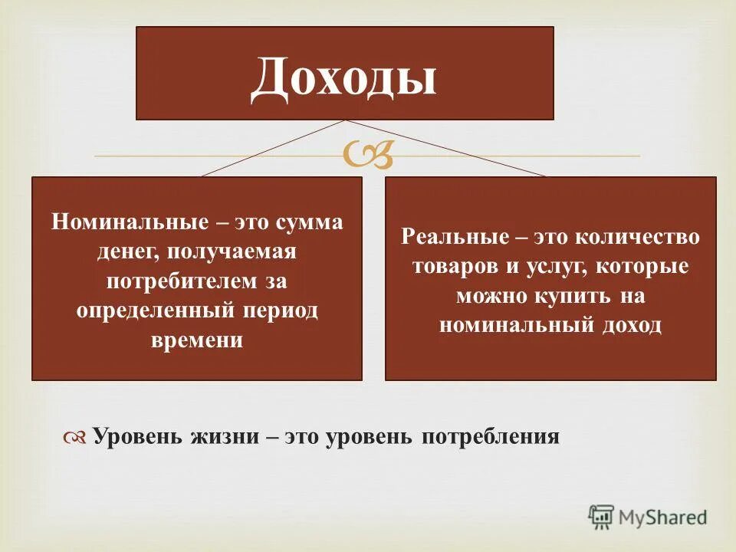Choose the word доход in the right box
click(x=631, y=324)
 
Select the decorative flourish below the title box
click(x=368, y=156)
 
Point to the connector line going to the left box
click(x=273, y=148)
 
